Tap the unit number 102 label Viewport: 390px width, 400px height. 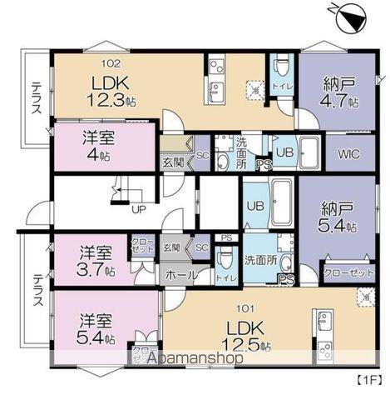coord(111,62)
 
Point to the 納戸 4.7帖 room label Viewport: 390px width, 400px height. coord(339,90)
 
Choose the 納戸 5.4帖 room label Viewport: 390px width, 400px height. coord(339,217)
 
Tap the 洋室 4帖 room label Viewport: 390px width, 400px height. coord(98,147)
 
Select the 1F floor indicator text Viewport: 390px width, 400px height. coord(368,382)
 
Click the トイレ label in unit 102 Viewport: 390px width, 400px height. coord(281,86)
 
